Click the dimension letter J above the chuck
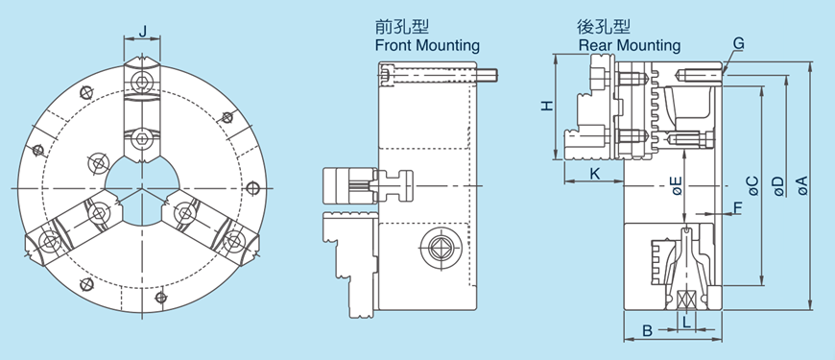click(x=143, y=31)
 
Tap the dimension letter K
click(x=594, y=173)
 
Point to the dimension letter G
click(x=738, y=44)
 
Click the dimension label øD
click(x=777, y=185)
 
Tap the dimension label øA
click(x=801, y=185)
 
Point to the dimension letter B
click(x=647, y=330)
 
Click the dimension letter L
click(x=686, y=324)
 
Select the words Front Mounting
click(x=427, y=45)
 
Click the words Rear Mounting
click(x=630, y=45)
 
